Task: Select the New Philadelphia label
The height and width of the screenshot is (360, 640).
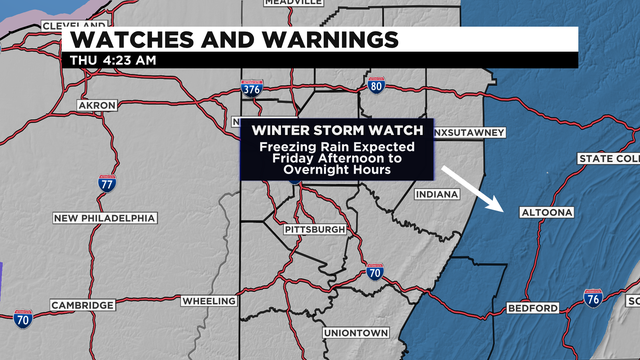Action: click(105, 217)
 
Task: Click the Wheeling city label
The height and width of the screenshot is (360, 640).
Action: click(208, 301)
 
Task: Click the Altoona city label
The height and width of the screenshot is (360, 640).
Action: click(548, 213)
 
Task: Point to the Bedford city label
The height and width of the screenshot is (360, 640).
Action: click(532, 307)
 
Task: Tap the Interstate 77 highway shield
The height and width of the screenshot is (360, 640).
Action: click(105, 182)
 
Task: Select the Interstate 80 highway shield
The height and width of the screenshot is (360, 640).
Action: click(376, 86)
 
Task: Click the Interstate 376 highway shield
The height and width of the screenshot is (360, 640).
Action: click(252, 90)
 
